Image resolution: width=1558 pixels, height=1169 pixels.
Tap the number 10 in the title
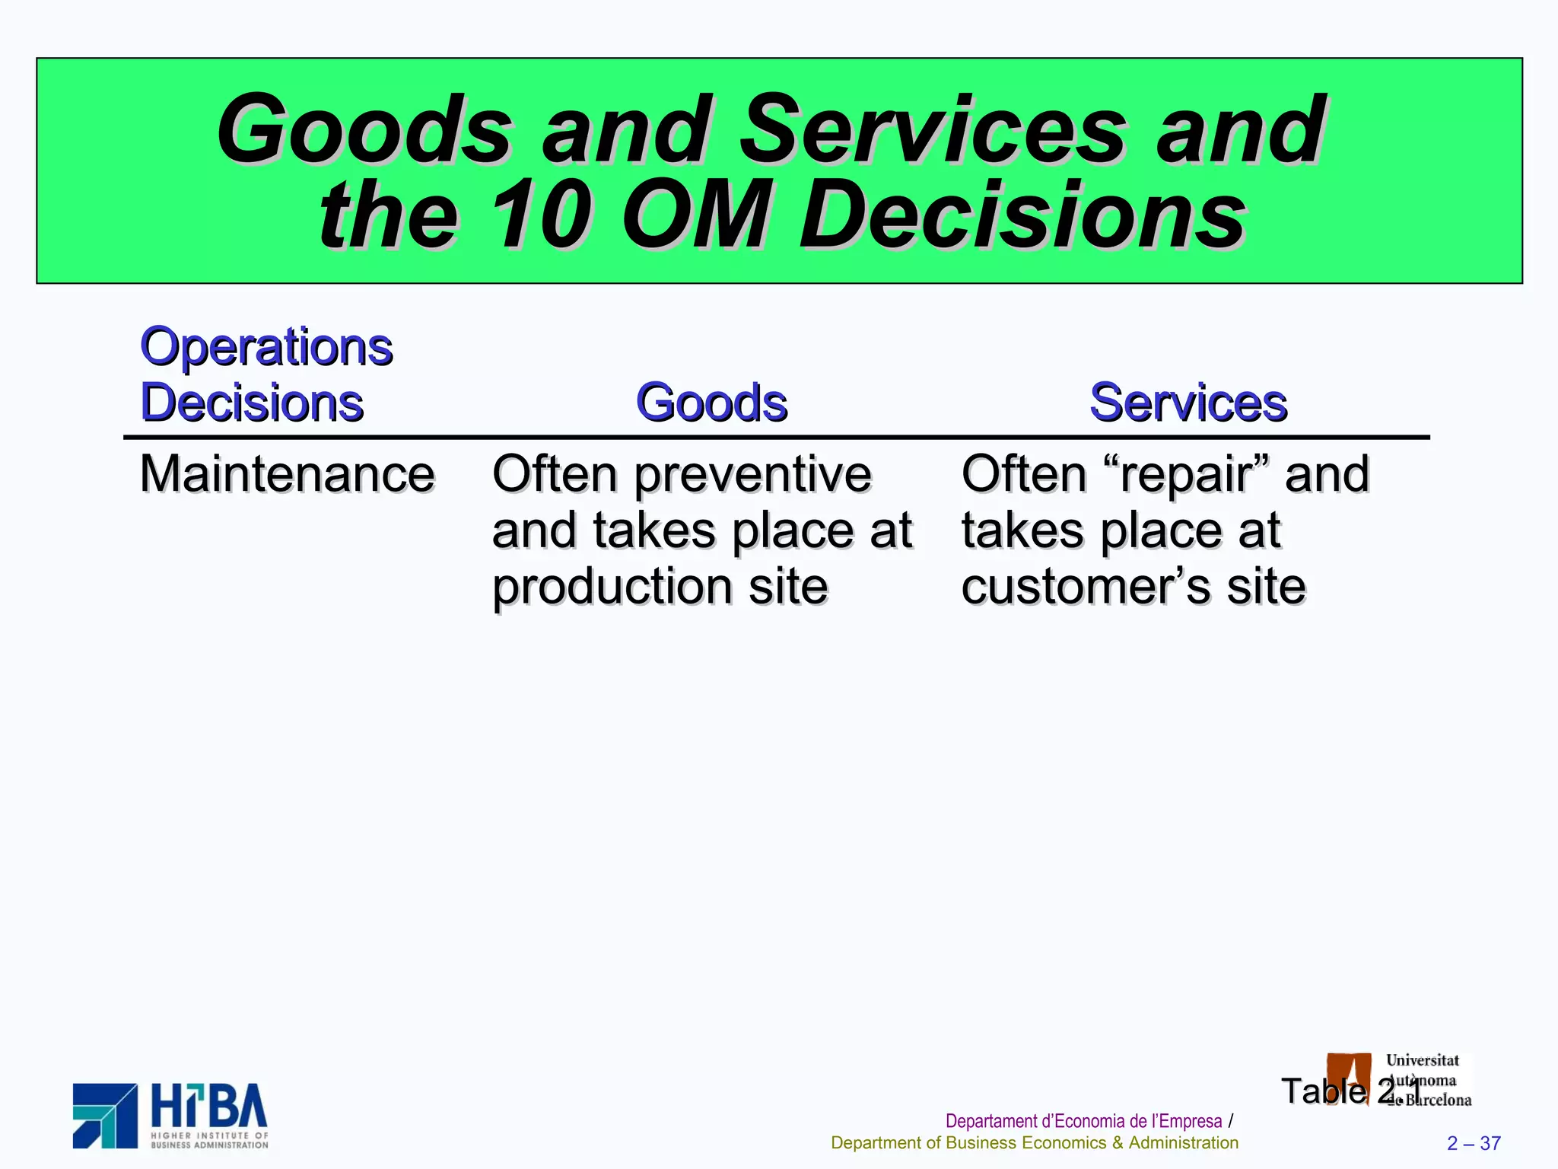pos(540,216)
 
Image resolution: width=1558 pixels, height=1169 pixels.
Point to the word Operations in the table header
pos(266,347)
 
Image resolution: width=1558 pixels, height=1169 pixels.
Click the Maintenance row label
pos(287,474)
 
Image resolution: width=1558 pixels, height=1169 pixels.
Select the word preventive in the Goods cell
pos(752,474)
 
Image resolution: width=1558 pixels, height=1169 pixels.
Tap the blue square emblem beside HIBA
pos(105,1115)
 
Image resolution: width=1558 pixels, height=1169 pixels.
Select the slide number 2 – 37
pos(1474,1143)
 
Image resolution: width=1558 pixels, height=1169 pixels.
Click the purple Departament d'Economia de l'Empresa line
pos(1083,1121)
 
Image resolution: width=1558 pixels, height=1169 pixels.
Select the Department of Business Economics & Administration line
pos(1034,1143)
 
